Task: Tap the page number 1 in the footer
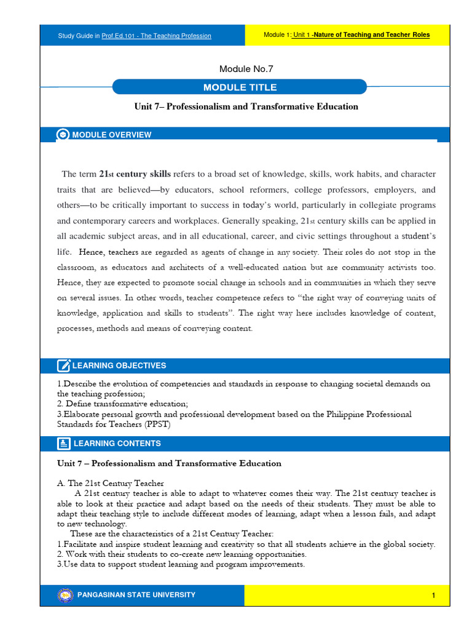[433, 596]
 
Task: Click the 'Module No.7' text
[246, 69]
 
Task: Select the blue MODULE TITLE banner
[240, 87]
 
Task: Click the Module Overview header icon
[63, 135]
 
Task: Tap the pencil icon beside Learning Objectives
[63, 366]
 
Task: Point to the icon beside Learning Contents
[63, 444]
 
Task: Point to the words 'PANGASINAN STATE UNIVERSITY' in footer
[136, 595]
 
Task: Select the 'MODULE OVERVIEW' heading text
[112, 135]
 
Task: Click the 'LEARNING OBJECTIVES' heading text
[119, 366]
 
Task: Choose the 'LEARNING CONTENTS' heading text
[117, 444]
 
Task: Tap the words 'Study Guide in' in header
[79, 36]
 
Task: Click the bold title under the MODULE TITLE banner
[246, 106]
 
